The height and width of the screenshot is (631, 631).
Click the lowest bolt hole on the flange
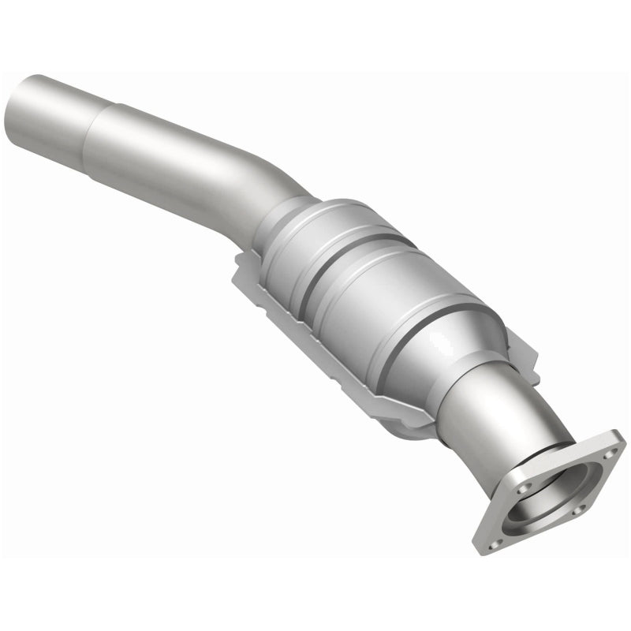(x=498, y=537)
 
